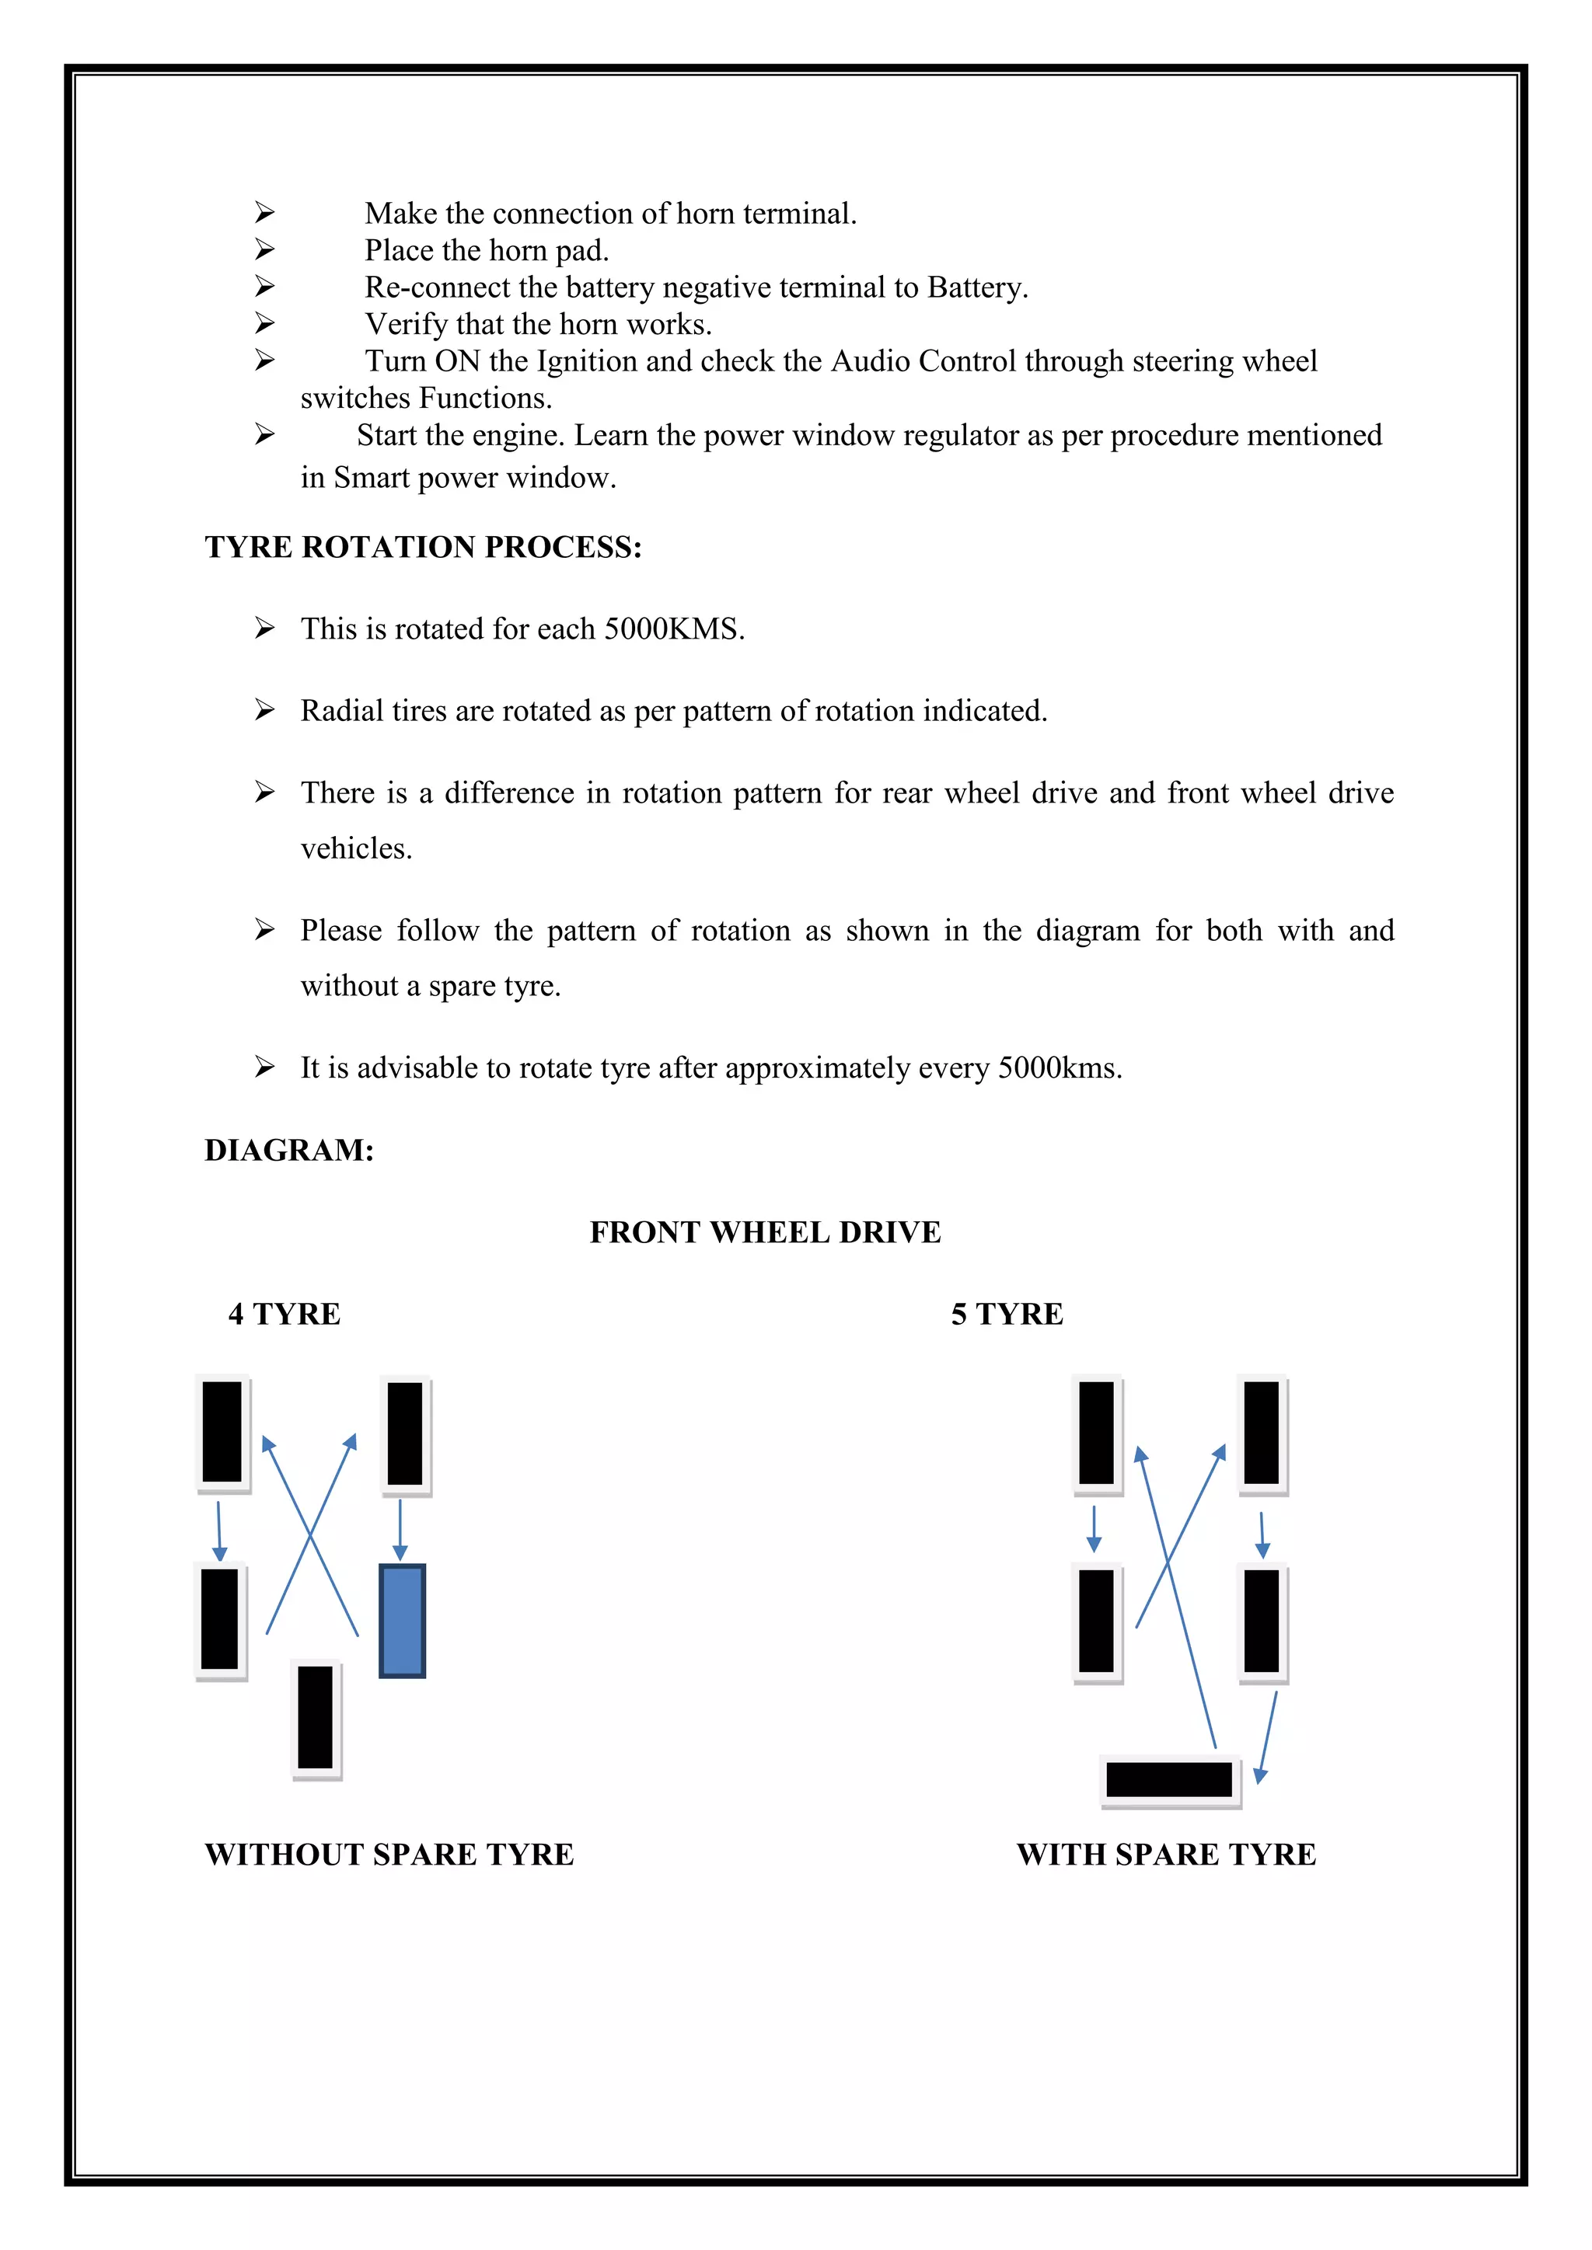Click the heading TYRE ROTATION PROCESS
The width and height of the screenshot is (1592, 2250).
point(423,547)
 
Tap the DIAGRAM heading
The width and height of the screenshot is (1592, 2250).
point(289,1150)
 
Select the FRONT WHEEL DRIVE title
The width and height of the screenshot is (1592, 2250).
point(765,1231)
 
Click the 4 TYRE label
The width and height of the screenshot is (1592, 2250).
point(285,1314)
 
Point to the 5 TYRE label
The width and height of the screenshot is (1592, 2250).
point(1007,1314)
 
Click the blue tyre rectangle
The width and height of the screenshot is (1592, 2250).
point(402,1621)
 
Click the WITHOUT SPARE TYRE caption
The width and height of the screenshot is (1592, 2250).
point(389,1854)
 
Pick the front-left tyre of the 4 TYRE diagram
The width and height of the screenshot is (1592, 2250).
point(222,1432)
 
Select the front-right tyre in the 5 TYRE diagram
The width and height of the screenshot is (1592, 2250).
point(1262,1433)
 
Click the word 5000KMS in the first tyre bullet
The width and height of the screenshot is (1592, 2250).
point(673,629)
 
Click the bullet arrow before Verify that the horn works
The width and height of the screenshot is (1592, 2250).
point(264,322)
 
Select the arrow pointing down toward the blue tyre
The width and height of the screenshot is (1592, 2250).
point(400,1529)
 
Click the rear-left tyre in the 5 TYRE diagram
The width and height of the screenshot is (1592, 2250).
point(1096,1621)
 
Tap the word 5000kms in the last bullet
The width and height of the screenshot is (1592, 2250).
point(1059,1068)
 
